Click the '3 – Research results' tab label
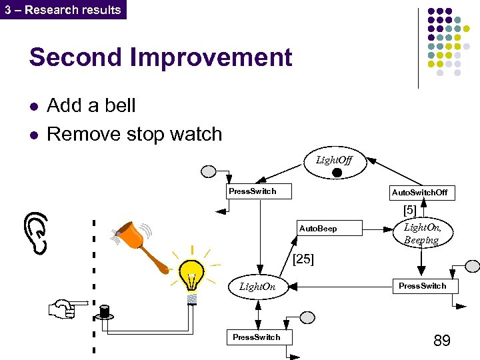[63, 10]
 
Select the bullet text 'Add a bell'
[91, 105]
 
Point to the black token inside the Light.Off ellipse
[337, 173]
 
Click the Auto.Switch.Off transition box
[419, 193]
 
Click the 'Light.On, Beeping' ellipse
[422, 233]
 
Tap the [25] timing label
[303, 259]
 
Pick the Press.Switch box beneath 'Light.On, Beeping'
[422, 286]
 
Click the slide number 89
[441, 341]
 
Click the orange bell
[140, 244]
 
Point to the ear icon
[38, 232]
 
